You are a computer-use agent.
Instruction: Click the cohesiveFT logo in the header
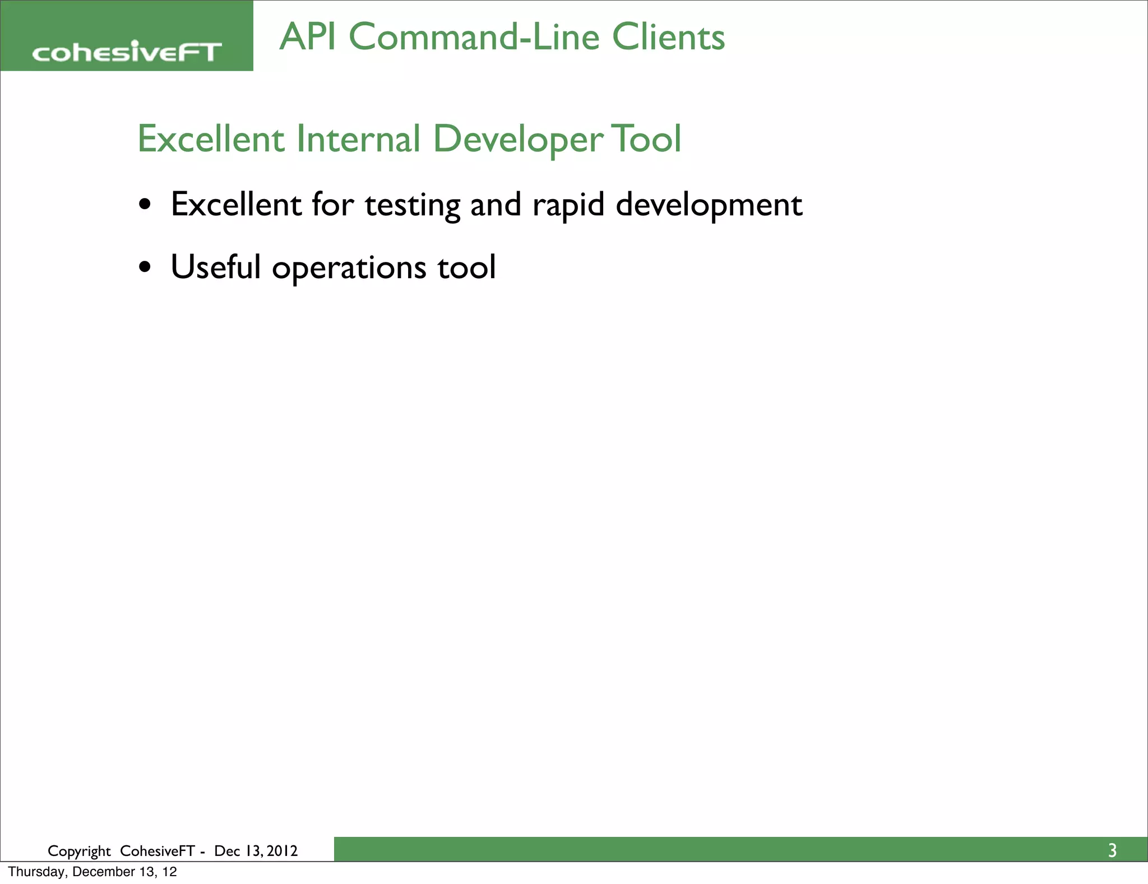pyautogui.click(x=127, y=52)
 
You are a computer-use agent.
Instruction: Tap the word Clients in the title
pyautogui.click(x=668, y=37)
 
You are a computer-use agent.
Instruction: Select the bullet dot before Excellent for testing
pyautogui.click(x=145, y=205)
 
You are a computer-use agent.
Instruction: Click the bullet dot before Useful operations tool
pyautogui.click(x=145, y=268)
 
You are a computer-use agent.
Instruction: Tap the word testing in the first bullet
pyautogui.click(x=412, y=205)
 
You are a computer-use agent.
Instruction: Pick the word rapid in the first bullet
pyautogui.click(x=568, y=205)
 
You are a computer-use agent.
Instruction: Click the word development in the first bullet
pyautogui.click(x=709, y=205)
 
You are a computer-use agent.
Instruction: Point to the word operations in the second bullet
pyautogui.click(x=349, y=268)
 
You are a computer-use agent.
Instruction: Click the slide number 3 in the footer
pyautogui.click(x=1112, y=851)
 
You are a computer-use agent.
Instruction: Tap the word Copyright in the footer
pyautogui.click(x=79, y=851)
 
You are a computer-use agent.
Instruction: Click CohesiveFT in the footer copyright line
pyautogui.click(x=157, y=851)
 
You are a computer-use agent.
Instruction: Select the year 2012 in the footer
pyautogui.click(x=282, y=851)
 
